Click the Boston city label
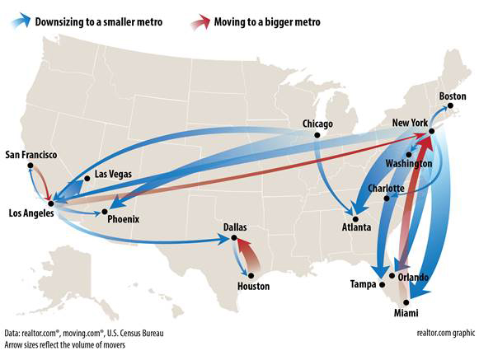[452, 96]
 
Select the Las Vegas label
[113, 174]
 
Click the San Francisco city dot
[31, 165]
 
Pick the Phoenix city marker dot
[102, 212]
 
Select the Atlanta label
[357, 227]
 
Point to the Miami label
[405, 314]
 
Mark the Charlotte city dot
[386, 198]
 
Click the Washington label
[408, 164]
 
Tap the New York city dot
[430, 133]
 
